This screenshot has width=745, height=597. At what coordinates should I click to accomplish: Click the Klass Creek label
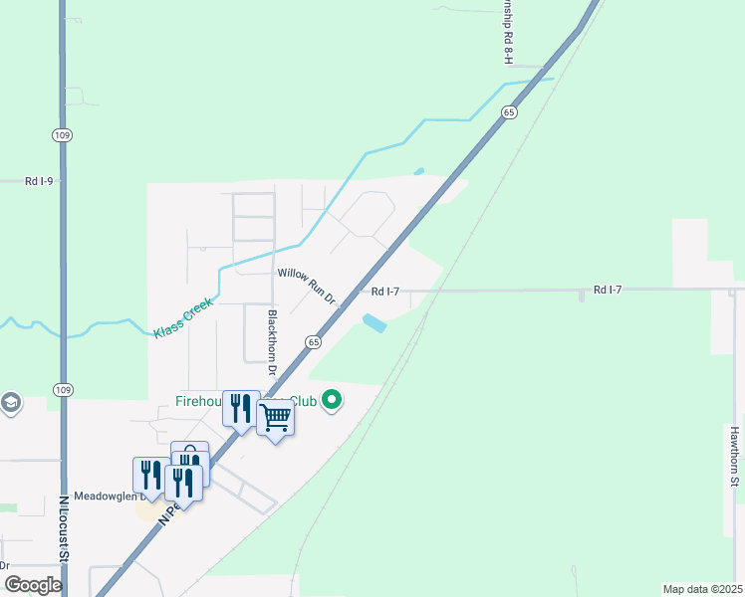click(183, 317)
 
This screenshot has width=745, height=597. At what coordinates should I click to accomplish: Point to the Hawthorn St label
click(734, 458)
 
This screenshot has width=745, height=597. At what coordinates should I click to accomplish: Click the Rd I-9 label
click(39, 181)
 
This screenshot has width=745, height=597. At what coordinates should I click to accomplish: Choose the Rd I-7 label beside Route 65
click(384, 292)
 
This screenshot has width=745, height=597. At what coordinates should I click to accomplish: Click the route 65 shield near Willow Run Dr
click(313, 341)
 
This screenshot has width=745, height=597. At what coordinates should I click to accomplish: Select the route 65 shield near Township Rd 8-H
click(509, 112)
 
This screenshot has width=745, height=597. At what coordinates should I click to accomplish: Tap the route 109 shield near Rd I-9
click(63, 134)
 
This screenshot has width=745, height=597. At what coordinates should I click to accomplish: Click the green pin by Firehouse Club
click(332, 401)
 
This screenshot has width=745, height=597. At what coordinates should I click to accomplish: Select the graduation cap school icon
click(11, 402)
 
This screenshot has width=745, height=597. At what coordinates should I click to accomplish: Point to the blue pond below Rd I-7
click(374, 322)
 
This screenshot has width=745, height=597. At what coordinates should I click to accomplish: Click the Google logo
click(32, 585)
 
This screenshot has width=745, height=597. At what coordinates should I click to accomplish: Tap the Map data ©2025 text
click(702, 589)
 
